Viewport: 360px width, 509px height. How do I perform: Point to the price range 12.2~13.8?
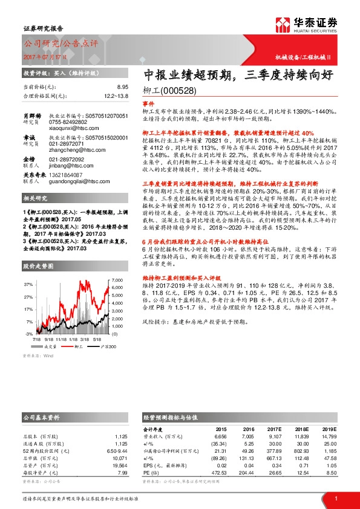116,96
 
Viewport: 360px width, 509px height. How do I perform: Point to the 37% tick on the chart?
29,284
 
